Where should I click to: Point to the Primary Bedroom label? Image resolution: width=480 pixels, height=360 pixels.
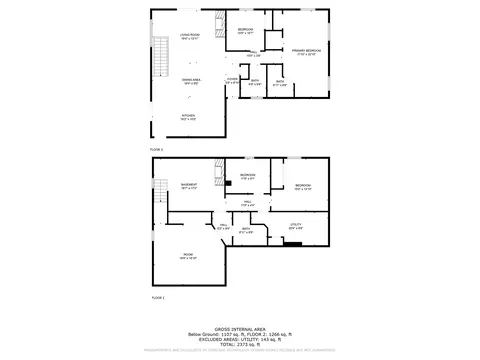pyautogui.click(x=306, y=51)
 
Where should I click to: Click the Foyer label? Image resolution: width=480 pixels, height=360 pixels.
pyautogui.click(x=231, y=80)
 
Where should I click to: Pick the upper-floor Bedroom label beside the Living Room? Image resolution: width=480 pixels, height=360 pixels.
pyautogui.click(x=245, y=31)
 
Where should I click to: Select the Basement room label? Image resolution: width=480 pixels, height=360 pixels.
pyautogui.click(x=188, y=186)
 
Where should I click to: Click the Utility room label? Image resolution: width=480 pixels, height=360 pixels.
pyautogui.click(x=295, y=226)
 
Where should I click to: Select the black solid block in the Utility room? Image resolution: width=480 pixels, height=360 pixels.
pyautogui.click(x=292, y=243)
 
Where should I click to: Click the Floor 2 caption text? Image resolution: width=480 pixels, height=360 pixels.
pyautogui.click(x=156, y=148)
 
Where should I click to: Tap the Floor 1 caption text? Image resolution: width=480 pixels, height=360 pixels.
pyautogui.click(x=156, y=297)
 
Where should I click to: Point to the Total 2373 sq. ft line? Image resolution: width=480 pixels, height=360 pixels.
pyautogui.click(x=239, y=343)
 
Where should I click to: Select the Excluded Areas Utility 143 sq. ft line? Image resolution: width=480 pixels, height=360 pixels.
pyautogui.click(x=239, y=338)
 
